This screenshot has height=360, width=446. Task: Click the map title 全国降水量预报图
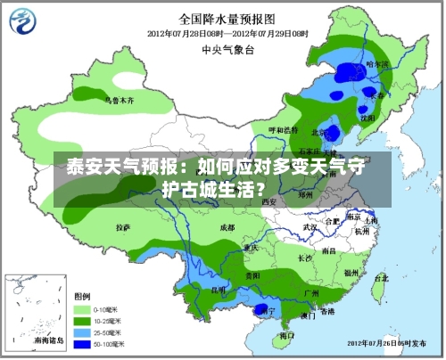[x=224, y=17]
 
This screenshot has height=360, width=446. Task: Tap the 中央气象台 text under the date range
[x=224, y=50]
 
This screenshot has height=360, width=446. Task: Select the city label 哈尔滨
[x=378, y=65]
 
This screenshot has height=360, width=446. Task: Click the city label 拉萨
[x=123, y=228]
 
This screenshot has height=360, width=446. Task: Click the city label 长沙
[x=305, y=258]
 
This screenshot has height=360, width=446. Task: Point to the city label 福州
[x=351, y=273]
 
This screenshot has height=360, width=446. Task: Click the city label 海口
[x=286, y=336]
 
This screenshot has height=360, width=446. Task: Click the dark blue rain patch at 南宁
[x=261, y=309]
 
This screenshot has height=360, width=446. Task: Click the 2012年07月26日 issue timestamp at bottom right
[x=390, y=342]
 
